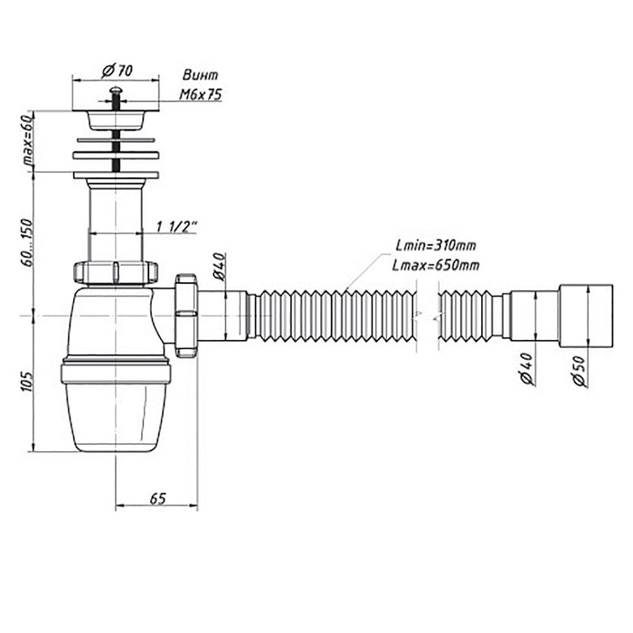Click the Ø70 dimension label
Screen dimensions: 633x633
(x=117, y=71)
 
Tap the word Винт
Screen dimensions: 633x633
(x=200, y=75)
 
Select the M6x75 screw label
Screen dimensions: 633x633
(x=201, y=94)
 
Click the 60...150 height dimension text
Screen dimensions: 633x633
(x=26, y=242)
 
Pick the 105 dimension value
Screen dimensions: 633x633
(x=26, y=382)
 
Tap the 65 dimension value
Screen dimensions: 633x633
(x=158, y=498)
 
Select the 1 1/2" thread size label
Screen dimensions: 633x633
(x=177, y=227)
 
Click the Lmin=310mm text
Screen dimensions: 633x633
(x=436, y=245)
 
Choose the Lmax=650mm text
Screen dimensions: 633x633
(x=436, y=265)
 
